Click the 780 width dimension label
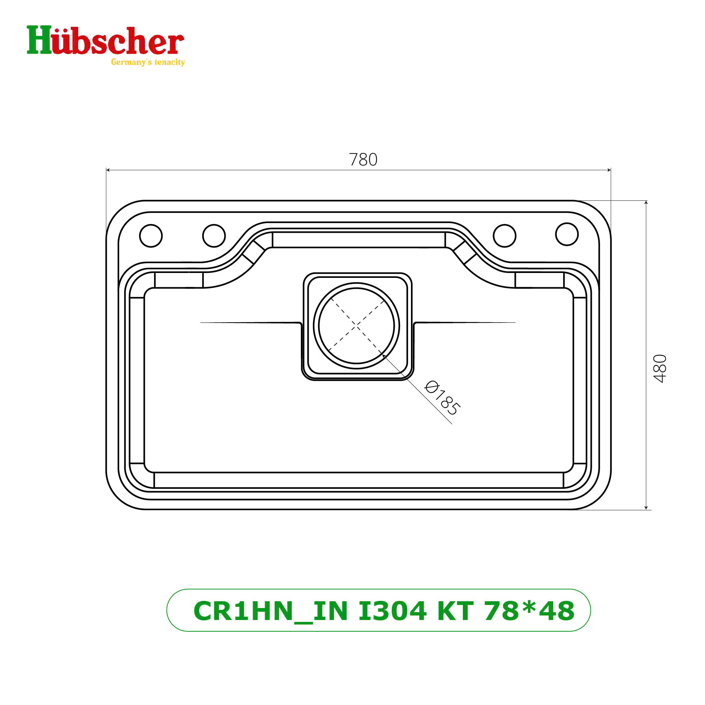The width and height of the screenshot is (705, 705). coord(363,160)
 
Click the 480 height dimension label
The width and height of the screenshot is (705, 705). coord(660,368)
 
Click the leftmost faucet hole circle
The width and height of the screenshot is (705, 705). coord(151,236)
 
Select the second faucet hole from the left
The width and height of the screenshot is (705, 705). coord(214,236)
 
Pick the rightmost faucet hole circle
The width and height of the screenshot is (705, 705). coord(567,234)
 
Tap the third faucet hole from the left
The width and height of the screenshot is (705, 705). coord(504,236)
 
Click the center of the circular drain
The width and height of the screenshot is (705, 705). coord(356,326)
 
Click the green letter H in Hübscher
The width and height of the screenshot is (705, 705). coord(39,40)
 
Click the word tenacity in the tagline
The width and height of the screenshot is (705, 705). coord(170,62)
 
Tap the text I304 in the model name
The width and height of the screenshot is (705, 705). coord(392,611)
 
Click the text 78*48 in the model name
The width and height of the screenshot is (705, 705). coord(529,611)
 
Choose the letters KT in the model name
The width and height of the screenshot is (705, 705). coord(455,611)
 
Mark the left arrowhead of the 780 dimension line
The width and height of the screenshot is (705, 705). coord(108,170)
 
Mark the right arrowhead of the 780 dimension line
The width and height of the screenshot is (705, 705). coord(609,170)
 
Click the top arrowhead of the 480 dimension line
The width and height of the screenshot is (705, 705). coord(646,203)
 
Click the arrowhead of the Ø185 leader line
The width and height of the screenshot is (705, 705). coord(384,355)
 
